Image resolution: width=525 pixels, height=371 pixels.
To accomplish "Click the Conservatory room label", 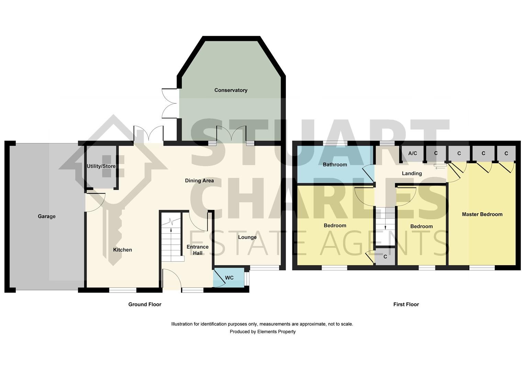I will [231, 90].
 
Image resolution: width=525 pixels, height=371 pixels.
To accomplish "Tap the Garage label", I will [47, 216].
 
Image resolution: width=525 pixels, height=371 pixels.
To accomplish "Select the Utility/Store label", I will [101, 166].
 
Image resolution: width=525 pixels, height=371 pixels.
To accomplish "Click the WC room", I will [229, 278].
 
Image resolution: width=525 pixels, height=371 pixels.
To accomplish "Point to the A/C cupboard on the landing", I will [413, 153].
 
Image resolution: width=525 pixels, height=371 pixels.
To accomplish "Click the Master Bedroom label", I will [482, 214].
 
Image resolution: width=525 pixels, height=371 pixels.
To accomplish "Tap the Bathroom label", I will [335, 165].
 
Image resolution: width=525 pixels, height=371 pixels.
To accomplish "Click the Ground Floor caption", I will [145, 304].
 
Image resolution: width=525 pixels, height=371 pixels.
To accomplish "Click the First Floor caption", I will [406, 304].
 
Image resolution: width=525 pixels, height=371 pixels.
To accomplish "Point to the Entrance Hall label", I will [198, 250].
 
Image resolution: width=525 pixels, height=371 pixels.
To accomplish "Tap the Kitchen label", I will [123, 250].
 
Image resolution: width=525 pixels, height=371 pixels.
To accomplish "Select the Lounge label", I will [247, 237].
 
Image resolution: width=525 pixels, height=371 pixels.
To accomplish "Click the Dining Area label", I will [199, 181].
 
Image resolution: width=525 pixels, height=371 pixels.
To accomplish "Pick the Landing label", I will [412, 173].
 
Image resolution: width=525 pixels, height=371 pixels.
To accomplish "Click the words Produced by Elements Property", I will [262, 332].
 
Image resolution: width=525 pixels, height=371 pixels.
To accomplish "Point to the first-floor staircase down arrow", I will [385, 227].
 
